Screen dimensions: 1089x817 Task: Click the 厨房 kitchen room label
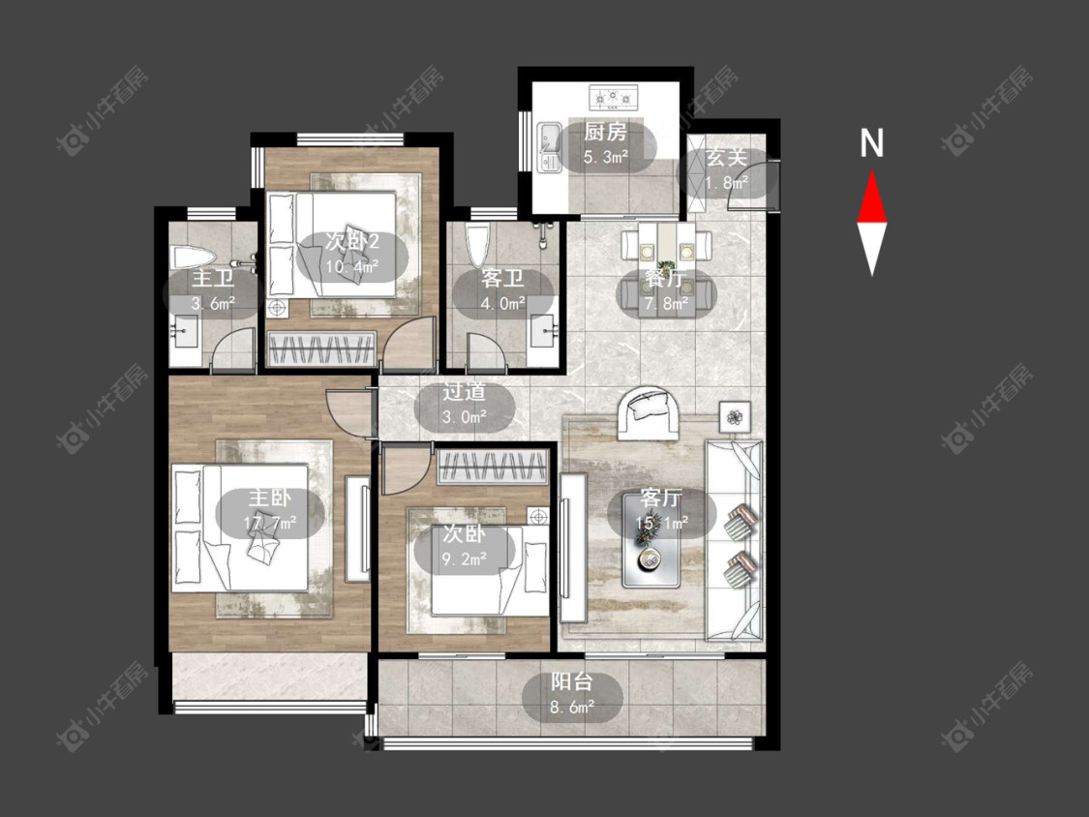pyautogui.click(x=606, y=132)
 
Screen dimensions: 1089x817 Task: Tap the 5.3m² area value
pyautogui.click(x=606, y=157)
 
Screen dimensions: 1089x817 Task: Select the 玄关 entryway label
pyautogui.click(x=726, y=158)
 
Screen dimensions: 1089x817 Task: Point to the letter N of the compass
pyautogui.click(x=871, y=143)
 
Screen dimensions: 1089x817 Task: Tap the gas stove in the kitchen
pyautogui.click(x=614, y=97)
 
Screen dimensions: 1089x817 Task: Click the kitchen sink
pyautogui.click(x=550, y=147)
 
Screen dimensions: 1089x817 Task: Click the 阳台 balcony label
pyautogui.click(x=572, y=681)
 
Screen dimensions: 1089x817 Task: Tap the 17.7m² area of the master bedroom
pyautogui.click(x=270, y=523)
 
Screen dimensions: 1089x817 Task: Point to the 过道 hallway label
pyautogui.click(x=464, y=392)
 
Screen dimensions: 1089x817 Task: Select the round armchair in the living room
pyautogui.click(x=650, y=412)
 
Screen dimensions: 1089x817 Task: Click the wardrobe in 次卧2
pyautogui.click(x=321, y=348)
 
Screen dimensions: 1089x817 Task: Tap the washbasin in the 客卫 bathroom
pyautogui.click(x=543, y=331)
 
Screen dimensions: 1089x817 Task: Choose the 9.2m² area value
pyautogui.click(x=464, y=559)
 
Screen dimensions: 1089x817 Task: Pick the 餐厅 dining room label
pyautogui.click(x=665, y=279)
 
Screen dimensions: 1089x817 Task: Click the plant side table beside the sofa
pyautogui.click(x=735, y=417)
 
